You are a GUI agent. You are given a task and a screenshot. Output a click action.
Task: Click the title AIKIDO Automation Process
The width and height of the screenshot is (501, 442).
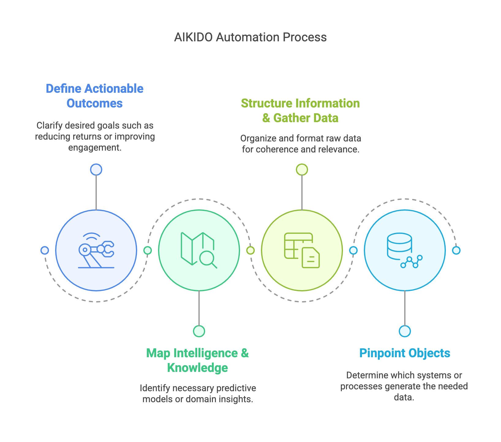coord(250,37)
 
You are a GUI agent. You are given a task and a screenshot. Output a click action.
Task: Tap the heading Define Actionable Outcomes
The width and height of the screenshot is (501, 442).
coord(95,96)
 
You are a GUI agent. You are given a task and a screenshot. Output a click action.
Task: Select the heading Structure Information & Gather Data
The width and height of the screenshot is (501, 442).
coord(300,110)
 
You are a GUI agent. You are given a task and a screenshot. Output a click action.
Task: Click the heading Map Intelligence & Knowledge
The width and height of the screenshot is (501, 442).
coord(198,360)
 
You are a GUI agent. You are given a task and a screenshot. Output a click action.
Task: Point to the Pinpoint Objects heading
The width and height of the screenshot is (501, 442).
coord(405,353)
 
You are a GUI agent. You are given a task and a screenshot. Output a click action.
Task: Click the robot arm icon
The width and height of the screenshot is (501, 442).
coord(96,250)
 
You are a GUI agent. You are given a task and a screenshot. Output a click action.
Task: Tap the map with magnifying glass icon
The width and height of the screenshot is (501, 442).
coord(199,250)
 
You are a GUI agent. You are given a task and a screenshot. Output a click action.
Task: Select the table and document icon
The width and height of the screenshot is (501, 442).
coord(302,250)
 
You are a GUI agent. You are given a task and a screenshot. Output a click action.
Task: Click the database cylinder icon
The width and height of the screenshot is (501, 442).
coord(405,250)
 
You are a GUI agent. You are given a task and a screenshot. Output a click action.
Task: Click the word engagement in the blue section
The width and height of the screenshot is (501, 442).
coord(95,148)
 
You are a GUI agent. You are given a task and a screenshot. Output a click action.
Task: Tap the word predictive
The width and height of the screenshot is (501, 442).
coord(236,388)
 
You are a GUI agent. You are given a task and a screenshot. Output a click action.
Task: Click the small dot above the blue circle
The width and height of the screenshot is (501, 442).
coord(96,170)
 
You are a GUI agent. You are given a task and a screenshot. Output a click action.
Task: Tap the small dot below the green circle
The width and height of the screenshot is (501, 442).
coord(199,331)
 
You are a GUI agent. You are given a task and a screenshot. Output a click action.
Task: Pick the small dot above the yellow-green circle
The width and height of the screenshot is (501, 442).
coord(302,170)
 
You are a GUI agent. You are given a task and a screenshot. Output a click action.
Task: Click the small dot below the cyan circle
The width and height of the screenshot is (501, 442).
coord(405,331)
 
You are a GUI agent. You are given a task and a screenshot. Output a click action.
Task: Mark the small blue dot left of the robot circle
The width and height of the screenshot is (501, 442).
coord(45,250)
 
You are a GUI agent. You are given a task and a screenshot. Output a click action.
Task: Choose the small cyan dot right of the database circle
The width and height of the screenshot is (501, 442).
coord(456,250)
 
